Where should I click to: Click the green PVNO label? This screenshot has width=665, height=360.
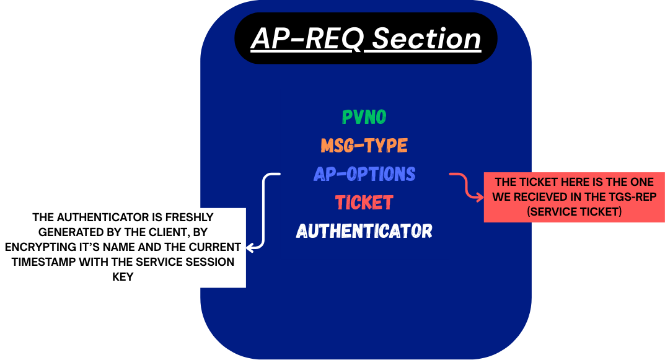pos(364,116)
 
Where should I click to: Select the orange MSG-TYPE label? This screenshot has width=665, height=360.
pos(364,146)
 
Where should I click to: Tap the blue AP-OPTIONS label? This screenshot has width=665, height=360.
pos(364,174)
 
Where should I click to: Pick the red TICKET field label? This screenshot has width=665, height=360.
pos(364,203)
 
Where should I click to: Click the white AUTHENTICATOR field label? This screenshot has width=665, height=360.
pos(364,231)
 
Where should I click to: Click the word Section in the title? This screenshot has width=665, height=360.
pos(426,38)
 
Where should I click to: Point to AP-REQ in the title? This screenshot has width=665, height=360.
pos(307,38)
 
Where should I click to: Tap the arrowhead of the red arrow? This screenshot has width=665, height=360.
pos(480,197)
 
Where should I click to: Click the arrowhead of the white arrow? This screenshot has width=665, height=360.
pos(249,247)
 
